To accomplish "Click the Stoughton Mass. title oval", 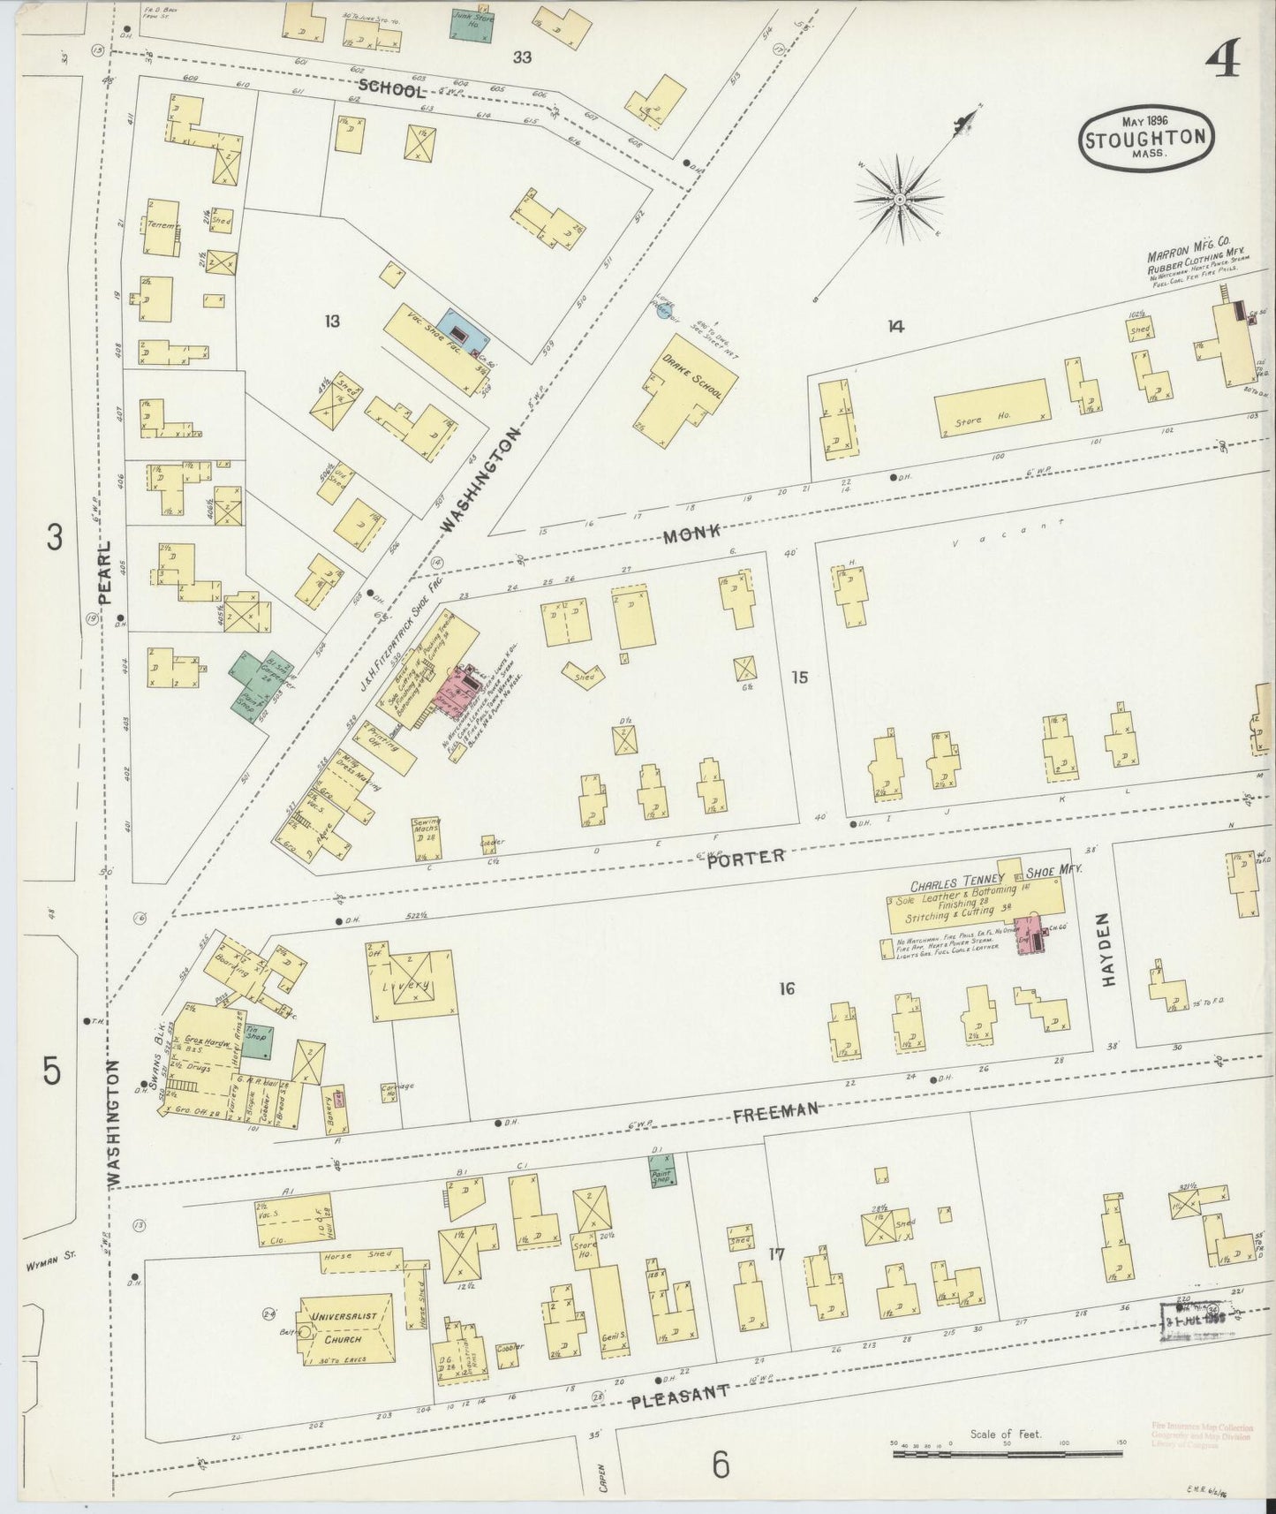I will click(x=1145, y=139).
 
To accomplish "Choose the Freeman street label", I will click(x=776, y=1112).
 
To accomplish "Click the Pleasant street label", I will click(x=681, y=1393).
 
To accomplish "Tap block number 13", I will click(x=331, y=322).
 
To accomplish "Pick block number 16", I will click(x=786, y=988).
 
